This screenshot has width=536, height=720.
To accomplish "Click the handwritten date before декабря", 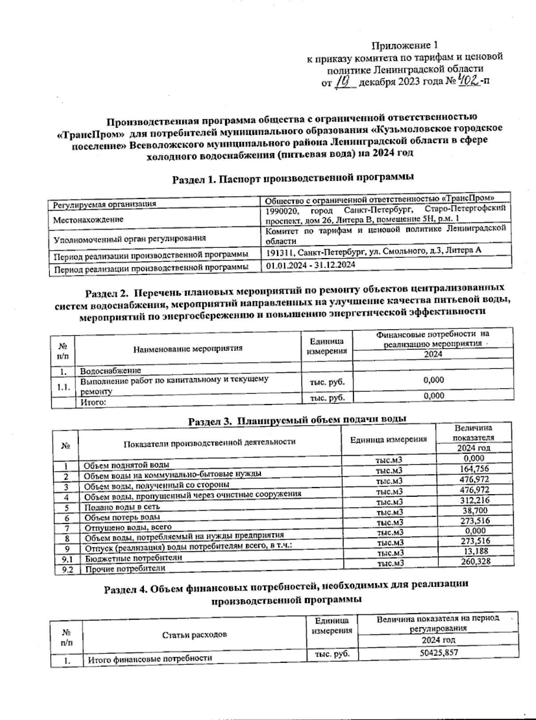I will (x=345, y=82).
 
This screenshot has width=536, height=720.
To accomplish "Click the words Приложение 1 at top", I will (x=405, y=45).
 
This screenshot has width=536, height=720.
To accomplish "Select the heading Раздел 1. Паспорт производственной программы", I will (x=293, y=178).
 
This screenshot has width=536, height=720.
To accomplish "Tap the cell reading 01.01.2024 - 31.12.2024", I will (x=310, y=265).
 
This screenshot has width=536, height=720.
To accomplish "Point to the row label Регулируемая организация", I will (x=105, y=204).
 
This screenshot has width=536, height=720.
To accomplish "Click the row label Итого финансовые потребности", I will (x=149, y=658).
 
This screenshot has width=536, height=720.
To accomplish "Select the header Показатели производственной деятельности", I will (x=209, y=442).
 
